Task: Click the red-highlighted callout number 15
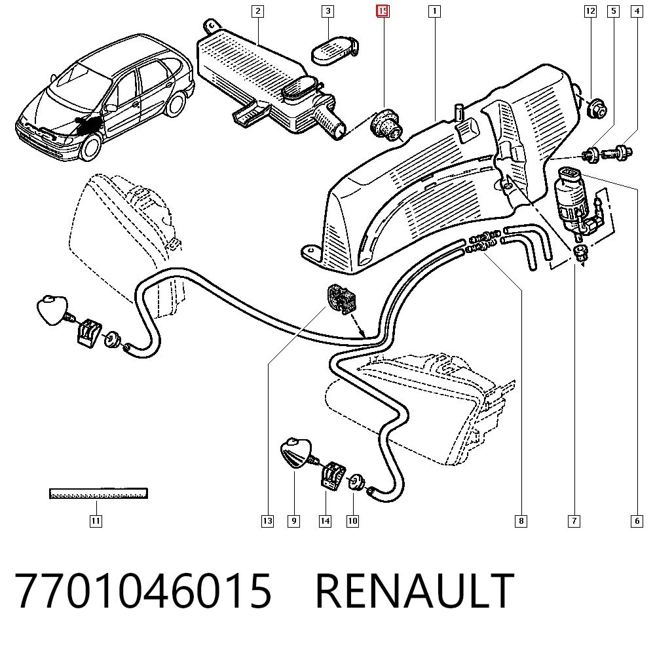point(383,11)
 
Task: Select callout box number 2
point(257,11)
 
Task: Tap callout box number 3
point(328,11)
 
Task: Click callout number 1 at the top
point(434,11)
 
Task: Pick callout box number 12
point(590,11)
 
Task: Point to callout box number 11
point(96,521)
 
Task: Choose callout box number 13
point(267,521)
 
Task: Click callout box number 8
point(521,521)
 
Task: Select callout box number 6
point(637,521)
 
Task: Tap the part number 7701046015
point(143,591)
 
